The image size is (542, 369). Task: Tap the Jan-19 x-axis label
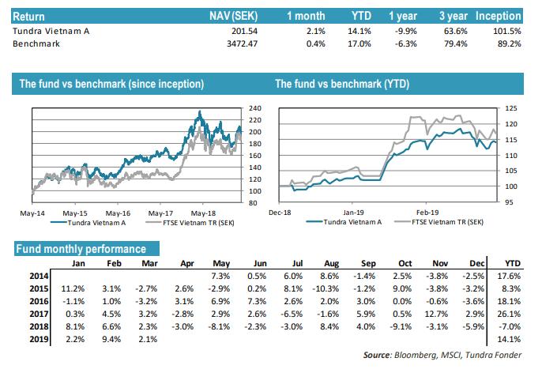tap(352, 213)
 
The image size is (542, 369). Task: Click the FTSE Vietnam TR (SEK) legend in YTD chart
tap(448, 223)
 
